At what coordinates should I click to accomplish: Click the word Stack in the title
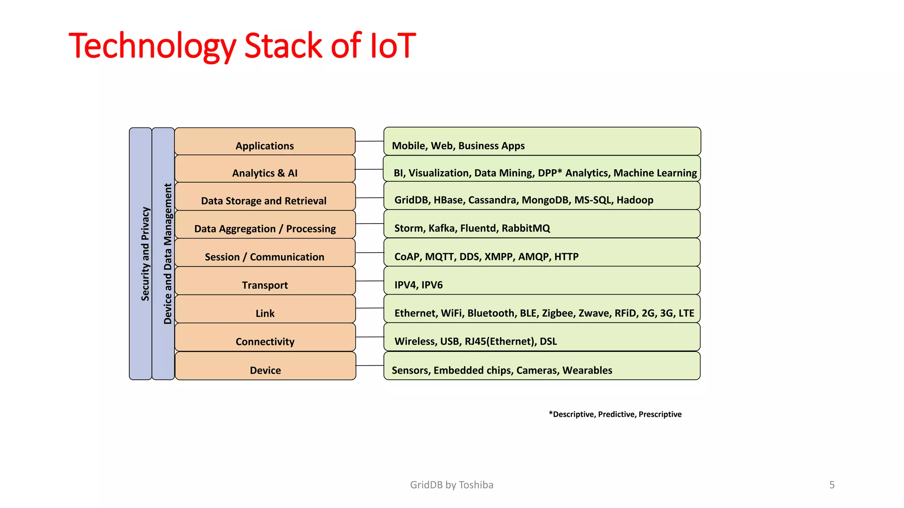(x=283, y=45)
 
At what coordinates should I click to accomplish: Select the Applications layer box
(x=265, y=141)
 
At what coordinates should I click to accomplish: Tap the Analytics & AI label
(x=265, y=173)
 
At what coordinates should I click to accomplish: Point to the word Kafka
(x=441, y=228)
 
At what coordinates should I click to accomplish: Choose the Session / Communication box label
(x=264, y=257)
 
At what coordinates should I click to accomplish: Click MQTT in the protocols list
(x=439, y=257)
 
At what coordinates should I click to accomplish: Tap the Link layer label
(x=265, y=314)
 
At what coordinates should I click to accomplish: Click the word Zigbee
(x=557, y=313)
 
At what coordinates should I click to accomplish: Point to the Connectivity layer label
(x=265, y=342)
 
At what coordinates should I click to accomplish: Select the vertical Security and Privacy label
(x=145, y=254)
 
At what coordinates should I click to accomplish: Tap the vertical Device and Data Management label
(x=168, y=254)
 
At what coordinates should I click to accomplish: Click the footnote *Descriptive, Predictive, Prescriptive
(x=615, y=414)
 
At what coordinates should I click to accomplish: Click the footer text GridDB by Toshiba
(x=452, y=485)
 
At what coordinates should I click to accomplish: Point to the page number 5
(x=832, y=485)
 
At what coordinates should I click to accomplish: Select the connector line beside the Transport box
(x=369, y=281)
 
